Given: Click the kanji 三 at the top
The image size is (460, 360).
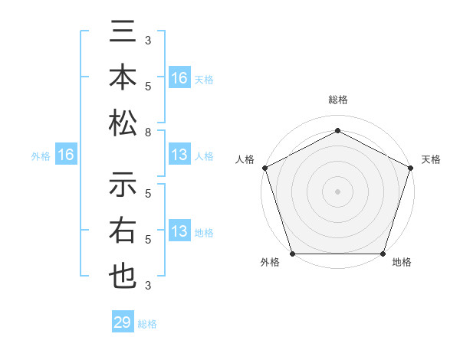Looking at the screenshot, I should coord(123,34).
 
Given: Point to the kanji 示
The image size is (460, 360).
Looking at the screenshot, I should coord(123,186).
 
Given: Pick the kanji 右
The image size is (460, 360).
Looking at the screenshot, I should coord(123,231).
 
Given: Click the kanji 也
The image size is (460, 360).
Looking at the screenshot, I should coord(123,276).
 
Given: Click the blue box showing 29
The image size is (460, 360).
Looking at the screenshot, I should coord(122,322).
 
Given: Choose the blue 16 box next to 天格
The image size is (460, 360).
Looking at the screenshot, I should coord(179,77).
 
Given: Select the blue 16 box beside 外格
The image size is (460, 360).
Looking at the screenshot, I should coord(66,155).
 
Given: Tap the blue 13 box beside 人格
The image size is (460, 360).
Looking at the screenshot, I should coord(179,155).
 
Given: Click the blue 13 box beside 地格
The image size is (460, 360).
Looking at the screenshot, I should coord(179,231).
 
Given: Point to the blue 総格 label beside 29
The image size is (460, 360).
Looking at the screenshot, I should coord(147,324).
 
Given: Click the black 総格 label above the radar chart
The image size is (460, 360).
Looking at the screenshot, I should coord(337,100).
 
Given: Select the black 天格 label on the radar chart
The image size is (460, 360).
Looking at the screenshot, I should coord(431,159).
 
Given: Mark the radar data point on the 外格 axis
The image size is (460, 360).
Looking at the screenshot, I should coord(292,254).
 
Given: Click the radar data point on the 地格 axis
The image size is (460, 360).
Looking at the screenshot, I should coord(383,254).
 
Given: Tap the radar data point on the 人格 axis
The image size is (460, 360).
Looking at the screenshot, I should coord(264,168).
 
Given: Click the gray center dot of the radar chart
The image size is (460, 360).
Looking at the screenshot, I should coord(337,191).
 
